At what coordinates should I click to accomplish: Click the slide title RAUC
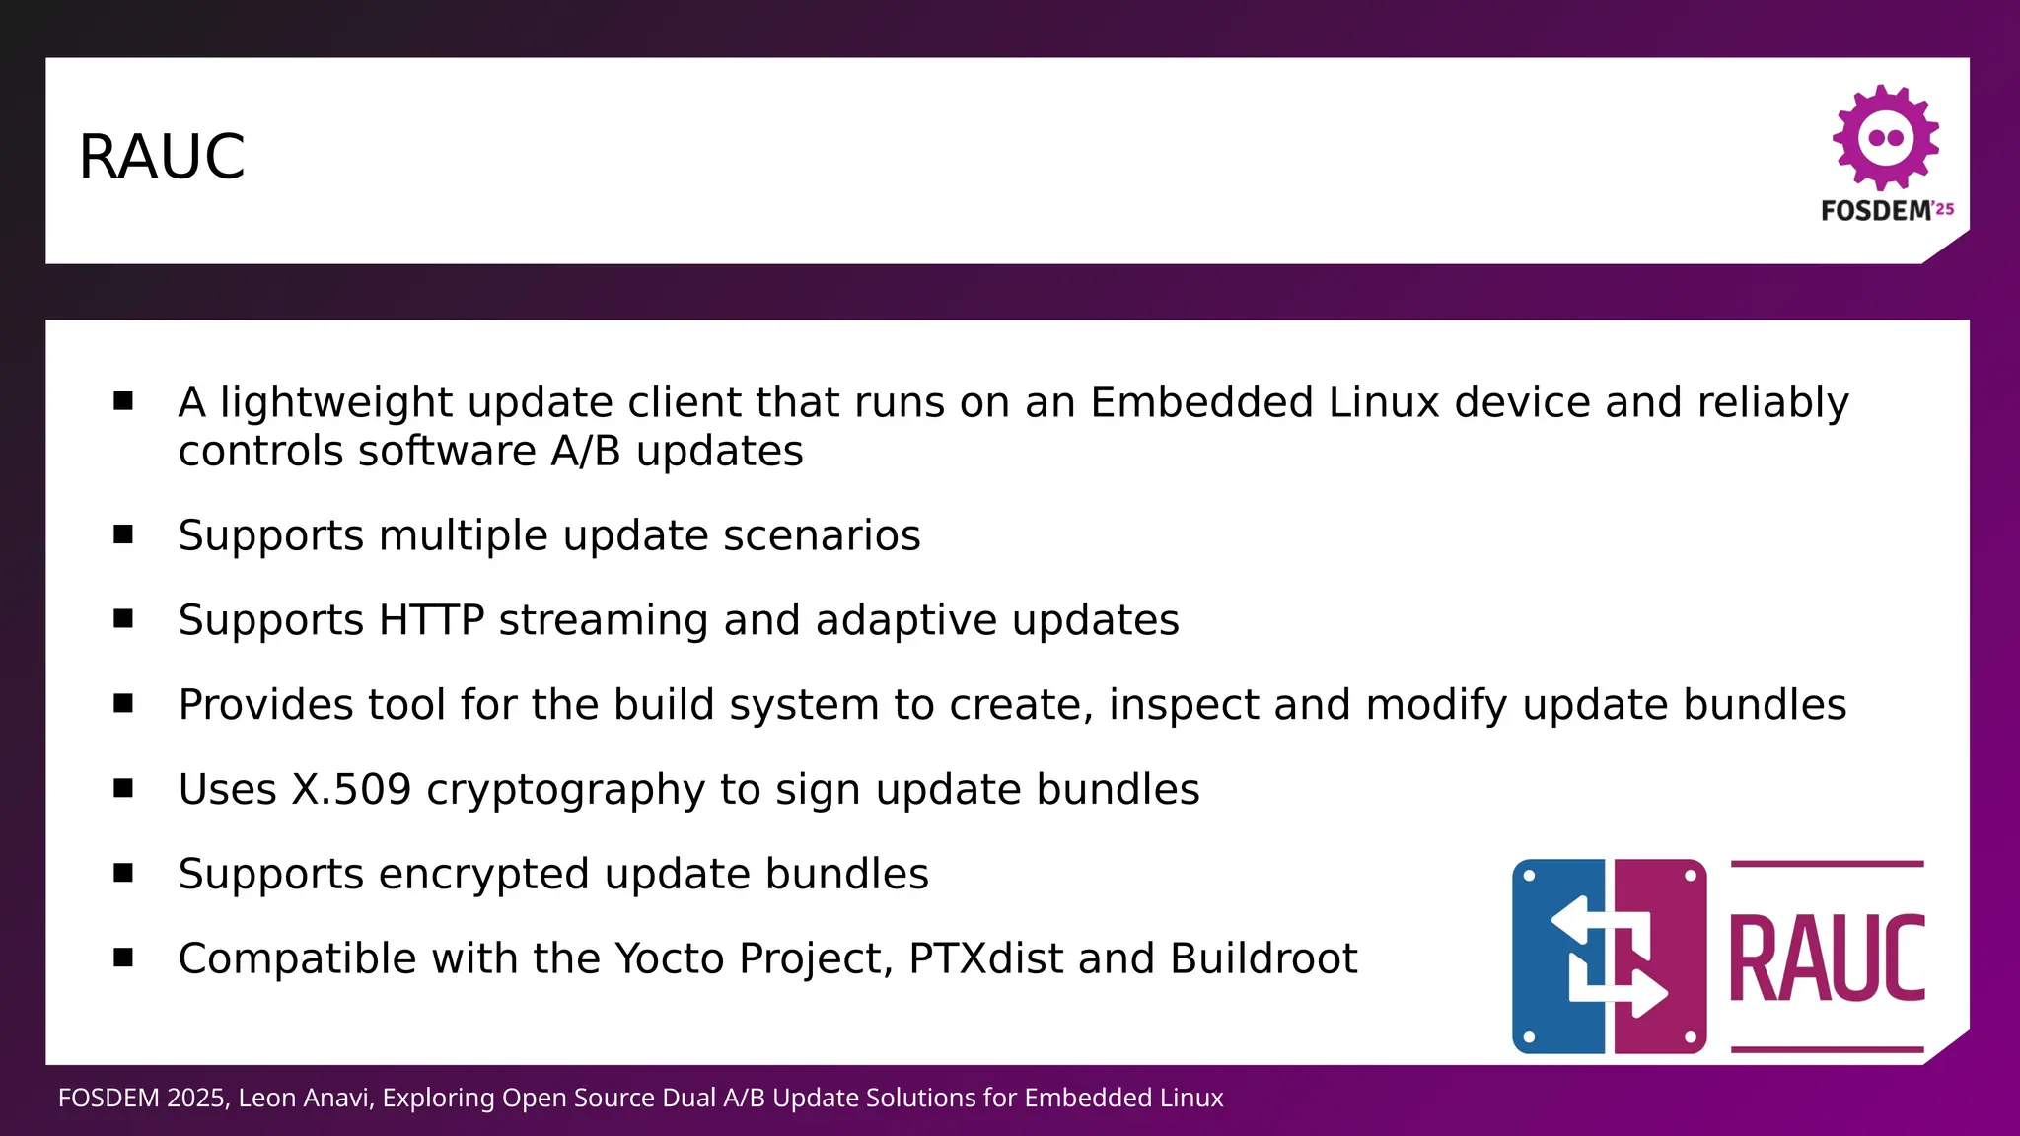click(162, 157)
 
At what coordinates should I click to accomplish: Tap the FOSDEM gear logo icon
click(1885, 138)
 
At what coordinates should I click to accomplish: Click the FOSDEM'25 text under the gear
click(1886, 211)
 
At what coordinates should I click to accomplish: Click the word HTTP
click(431, 621)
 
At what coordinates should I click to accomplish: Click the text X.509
click(350, 790)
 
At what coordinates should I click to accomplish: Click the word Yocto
click(669, 959)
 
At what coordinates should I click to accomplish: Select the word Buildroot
click(1262, 959)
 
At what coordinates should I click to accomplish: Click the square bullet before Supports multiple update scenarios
click(123, 534)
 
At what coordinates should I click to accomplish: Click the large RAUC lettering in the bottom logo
click(1827, 958)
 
